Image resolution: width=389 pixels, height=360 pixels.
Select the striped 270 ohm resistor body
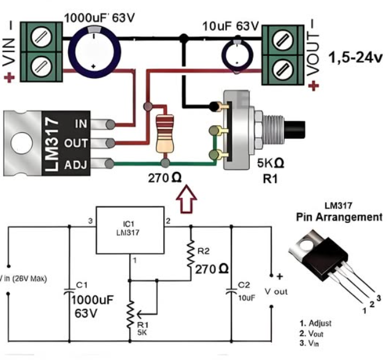pyautogui.click(x=164, y=134)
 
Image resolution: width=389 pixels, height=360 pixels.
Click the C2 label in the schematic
pyautogui.click(x=244, y=285)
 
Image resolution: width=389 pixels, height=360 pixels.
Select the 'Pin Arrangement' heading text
pyautogui.click(x=339, y=217)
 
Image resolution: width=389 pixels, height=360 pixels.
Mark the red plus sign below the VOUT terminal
pyautogui.click(x=313, y=85)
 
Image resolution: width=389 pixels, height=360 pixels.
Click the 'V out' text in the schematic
pyautogui.click(x=274, y=292)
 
